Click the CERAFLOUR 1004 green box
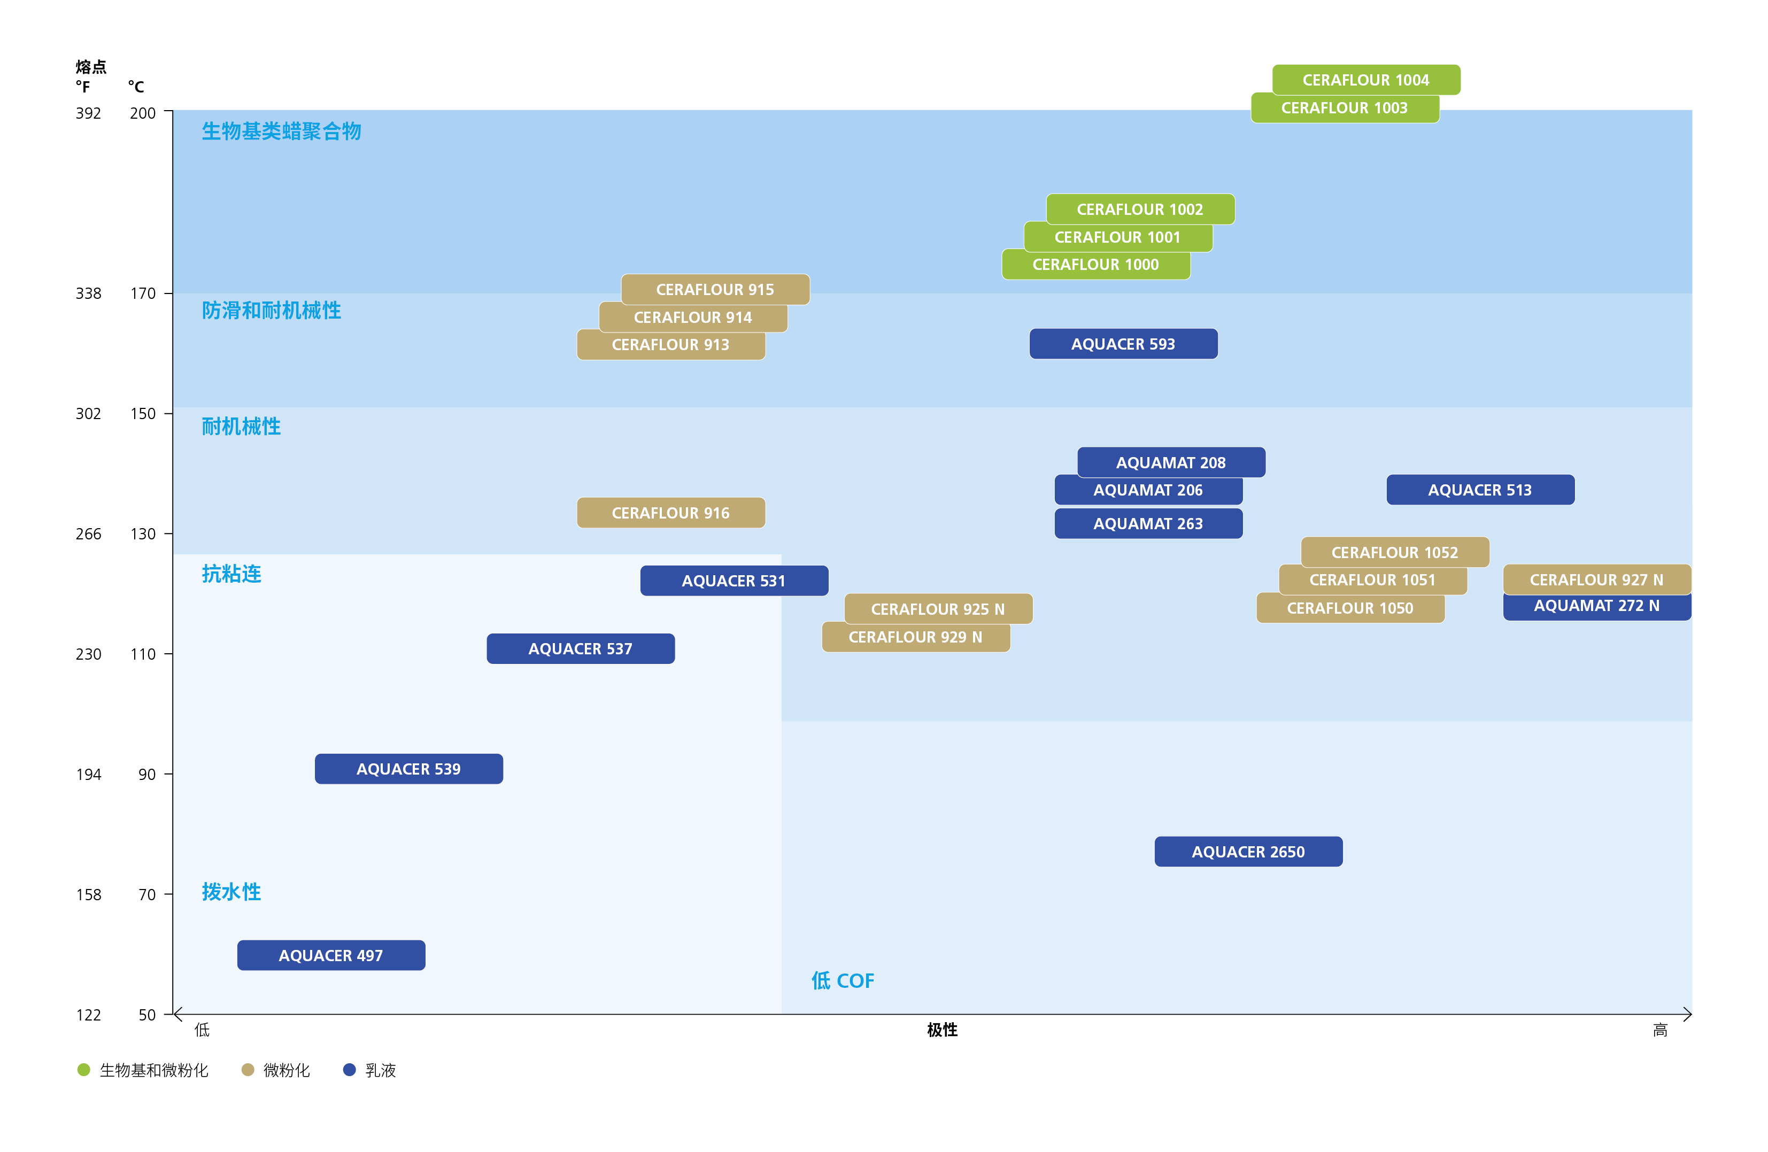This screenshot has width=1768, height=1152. (1365, 80)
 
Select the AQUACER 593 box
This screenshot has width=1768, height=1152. (1123, 344)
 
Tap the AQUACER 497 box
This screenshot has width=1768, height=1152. (330, 955)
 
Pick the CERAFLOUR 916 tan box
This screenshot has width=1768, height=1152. (670, 513)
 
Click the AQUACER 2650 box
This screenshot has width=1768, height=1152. (1248, 851)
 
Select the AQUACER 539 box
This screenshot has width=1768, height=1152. (408, 769)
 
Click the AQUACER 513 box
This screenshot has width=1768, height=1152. (1480, 490)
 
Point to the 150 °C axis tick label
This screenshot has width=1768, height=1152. (143, 414)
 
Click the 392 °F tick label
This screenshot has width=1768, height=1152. (88, 113)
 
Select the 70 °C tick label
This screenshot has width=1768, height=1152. (147, 894)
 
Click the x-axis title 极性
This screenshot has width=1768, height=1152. (942, 1030)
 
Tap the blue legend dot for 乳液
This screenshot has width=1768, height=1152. (349, 1070)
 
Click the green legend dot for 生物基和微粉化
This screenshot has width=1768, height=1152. (84, 1070)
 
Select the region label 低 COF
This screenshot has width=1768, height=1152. (843, 980)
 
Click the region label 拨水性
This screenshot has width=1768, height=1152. (231, 891)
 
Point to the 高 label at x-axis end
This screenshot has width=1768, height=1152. (1661, 1030)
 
